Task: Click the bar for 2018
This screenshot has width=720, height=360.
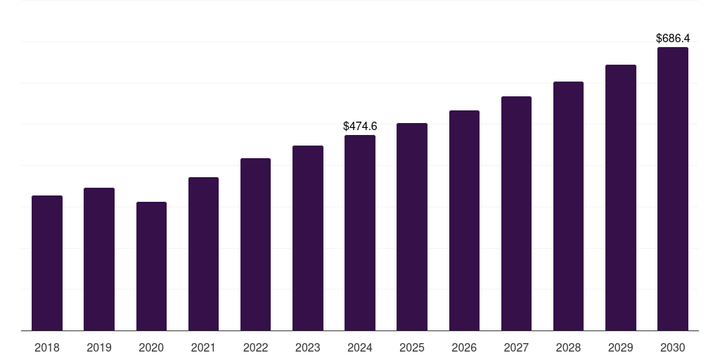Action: (x=47, y=263)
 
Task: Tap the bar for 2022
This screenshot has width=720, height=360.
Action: (x=255, y=244)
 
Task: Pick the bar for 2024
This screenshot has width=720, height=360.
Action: (x=360, y=233)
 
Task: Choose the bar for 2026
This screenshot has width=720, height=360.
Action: (x=464, y=220)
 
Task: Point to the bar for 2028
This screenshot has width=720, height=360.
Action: (x=568, y=206)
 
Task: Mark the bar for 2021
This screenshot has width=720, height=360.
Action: (x=203, y=254)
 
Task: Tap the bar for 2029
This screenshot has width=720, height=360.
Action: (x=621, y=198)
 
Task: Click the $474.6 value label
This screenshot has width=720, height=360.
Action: (x=360, y=127)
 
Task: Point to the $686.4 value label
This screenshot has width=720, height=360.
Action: (x=673, y=38)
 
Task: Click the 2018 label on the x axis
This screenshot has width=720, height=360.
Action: (x=47, y=347)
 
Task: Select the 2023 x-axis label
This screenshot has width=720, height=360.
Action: (x=308, y=347)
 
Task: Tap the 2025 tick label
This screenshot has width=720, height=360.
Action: (x=412, y=347)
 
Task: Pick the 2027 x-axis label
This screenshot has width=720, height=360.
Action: (x=516, y=347)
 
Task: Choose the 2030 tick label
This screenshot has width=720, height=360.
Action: (x=673, y=347)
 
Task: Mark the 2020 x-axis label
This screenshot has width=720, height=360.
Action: (x=151, y=347)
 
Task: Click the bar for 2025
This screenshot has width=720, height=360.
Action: (x=412, y=226)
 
